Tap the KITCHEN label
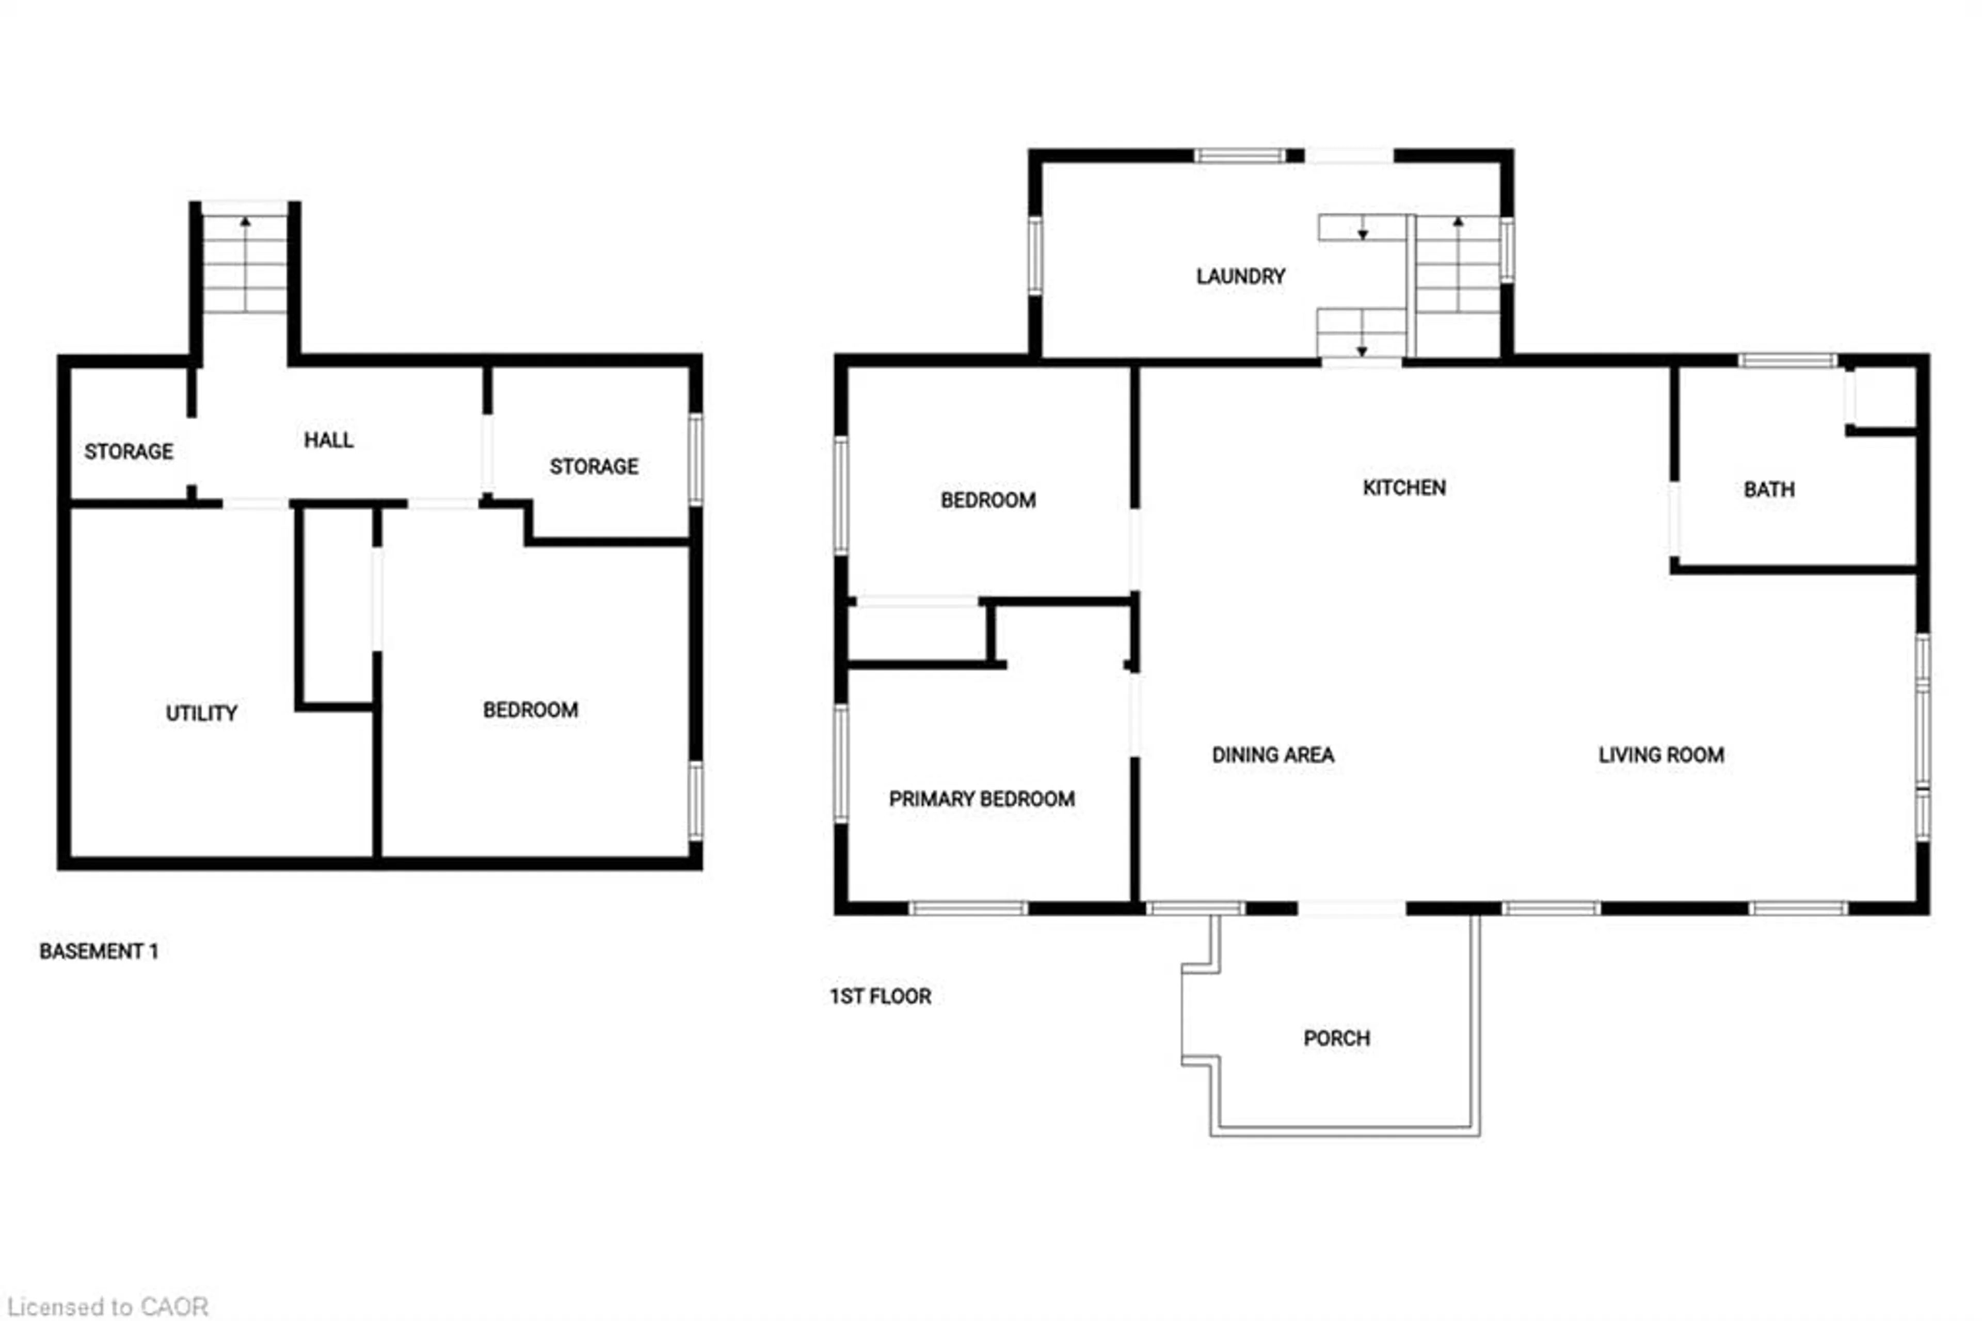click(x=1403, y=488)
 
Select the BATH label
click(x=1768, y=490)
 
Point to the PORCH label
click(x=1336, y=1038)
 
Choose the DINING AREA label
click(x=1272, y=755)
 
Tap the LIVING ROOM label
click(x=1660, y=755)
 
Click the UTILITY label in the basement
click(x=201, y=714)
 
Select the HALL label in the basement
click(x=328, y=440)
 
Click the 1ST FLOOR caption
click(x=880, y=997)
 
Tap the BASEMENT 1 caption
click(x=99, y=951)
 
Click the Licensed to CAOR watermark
click(x=108, y=1307)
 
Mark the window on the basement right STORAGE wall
click(x=695, y=459)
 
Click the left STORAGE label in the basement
click(x=129, y=451)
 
